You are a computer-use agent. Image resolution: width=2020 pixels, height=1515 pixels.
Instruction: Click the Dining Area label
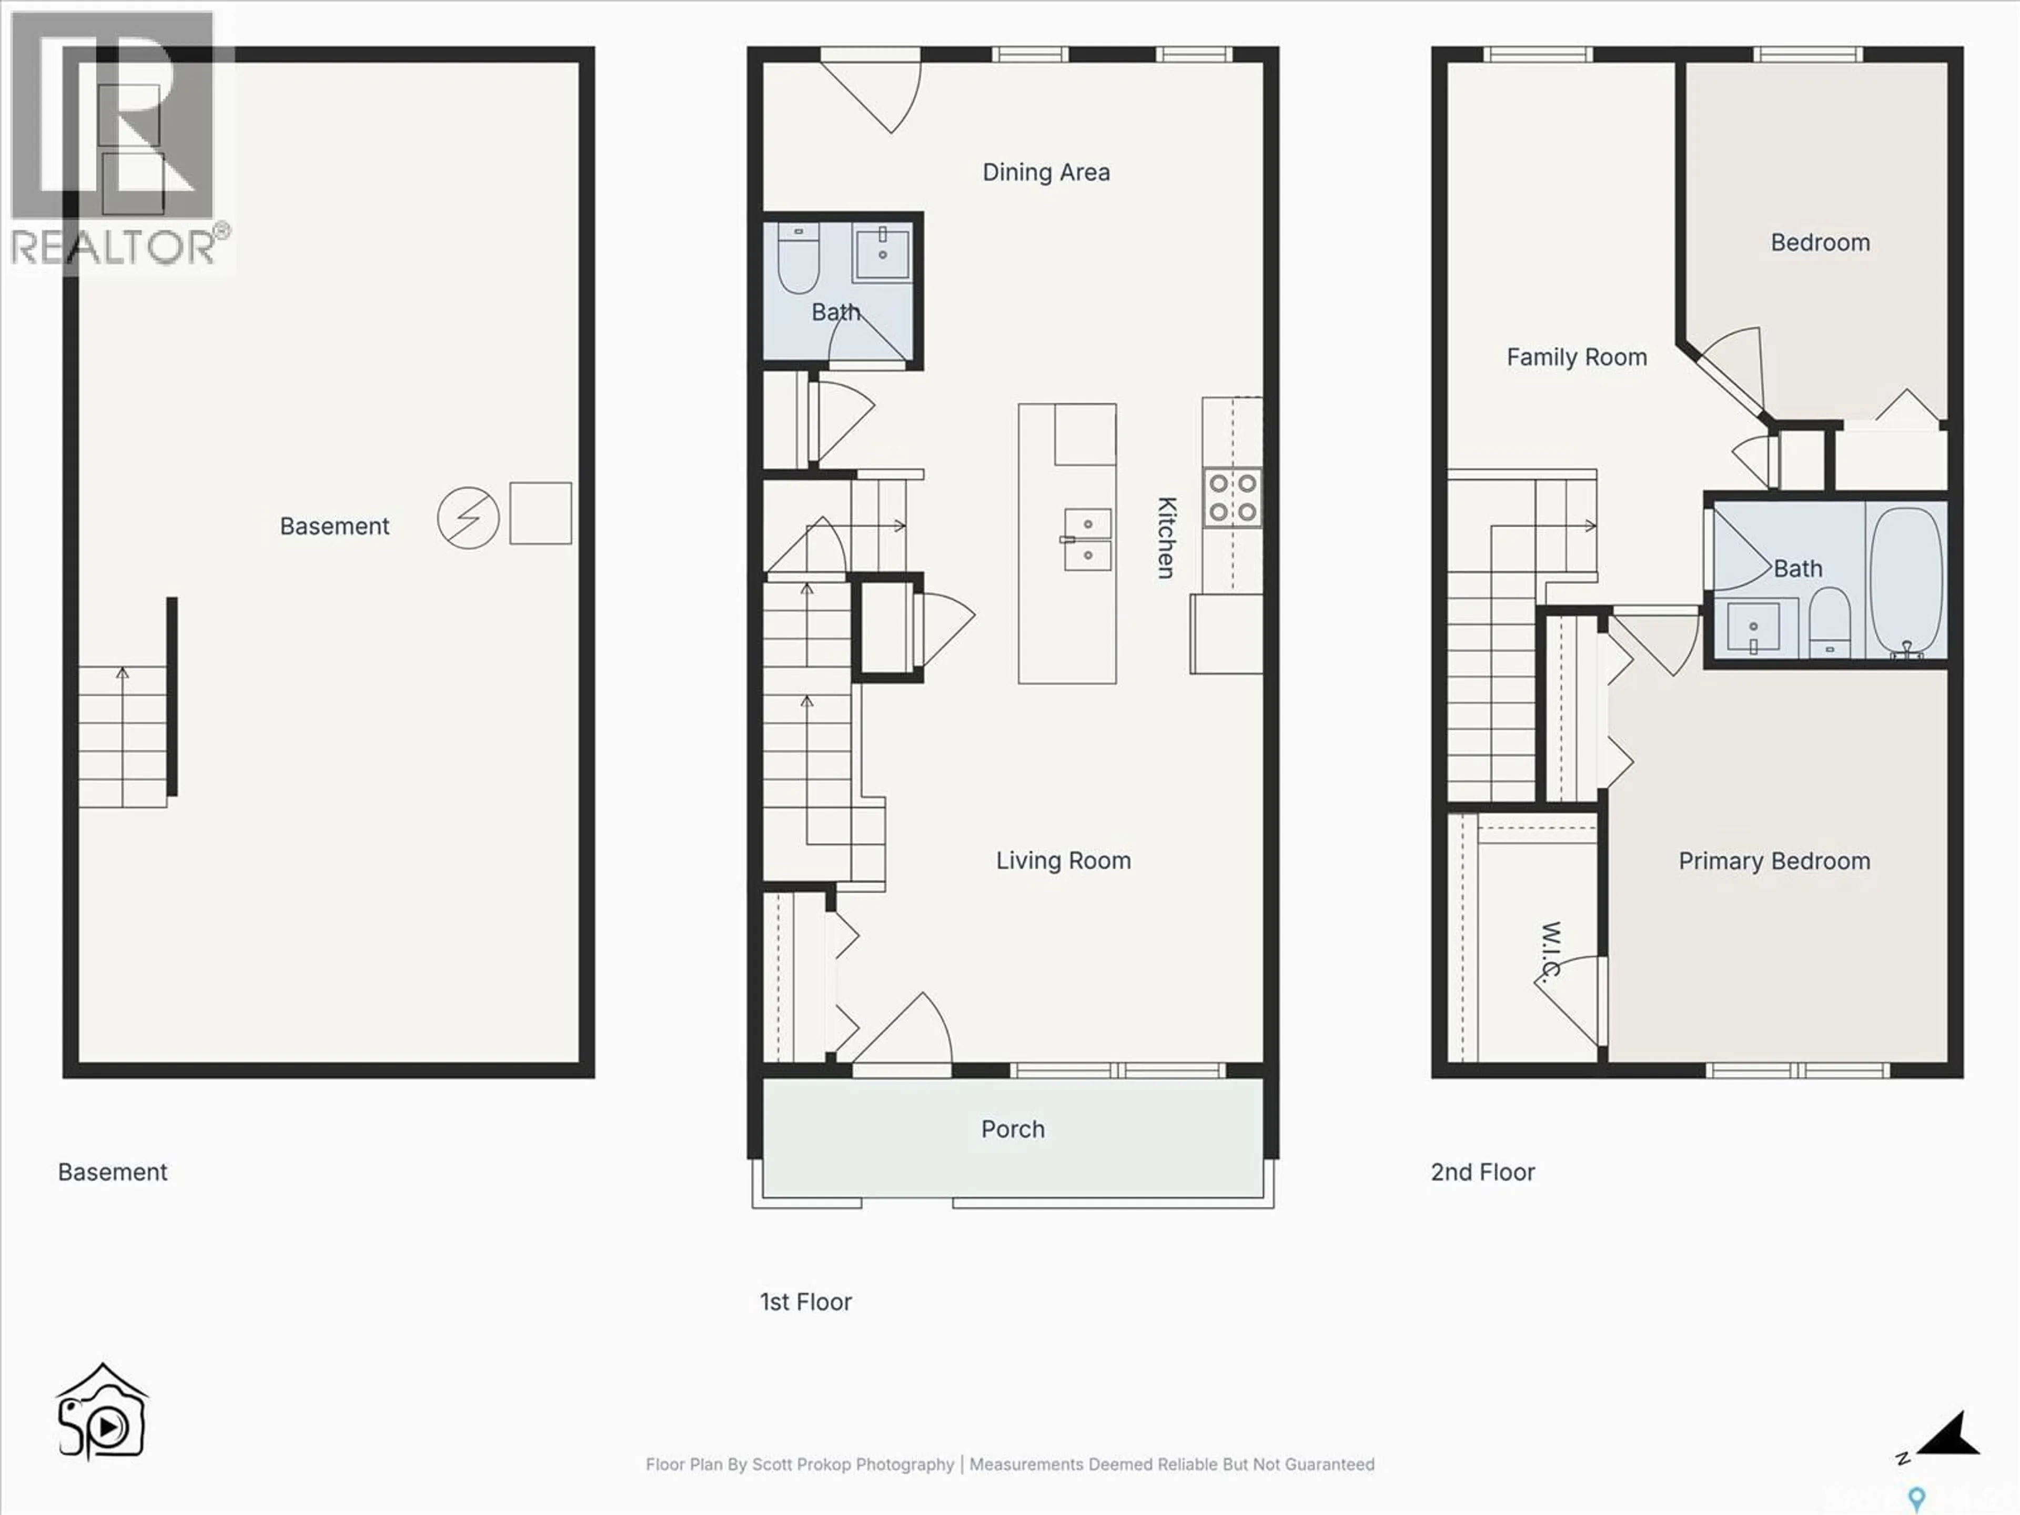[1046, 173]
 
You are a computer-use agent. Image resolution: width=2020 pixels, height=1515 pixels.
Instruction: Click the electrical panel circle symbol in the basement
[468, 518]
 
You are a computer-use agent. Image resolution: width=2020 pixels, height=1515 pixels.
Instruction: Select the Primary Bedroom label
[1773, 861]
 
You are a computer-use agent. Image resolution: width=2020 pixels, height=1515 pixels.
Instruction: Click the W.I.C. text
[1549, 950]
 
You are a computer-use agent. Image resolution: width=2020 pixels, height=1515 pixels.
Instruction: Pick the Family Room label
[1576, 357]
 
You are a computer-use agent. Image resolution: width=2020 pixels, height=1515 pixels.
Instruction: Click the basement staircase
[123, 736]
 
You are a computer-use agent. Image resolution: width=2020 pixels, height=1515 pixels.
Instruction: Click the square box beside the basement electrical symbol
[541, 513]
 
